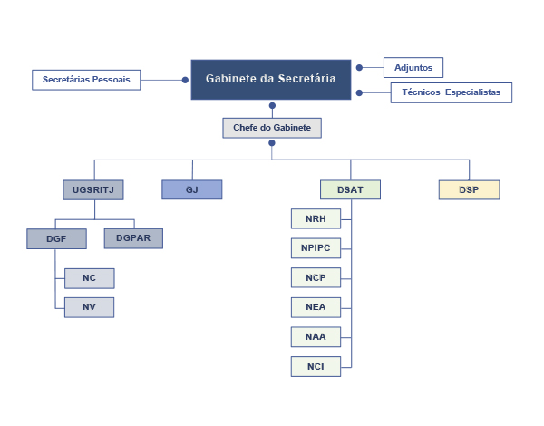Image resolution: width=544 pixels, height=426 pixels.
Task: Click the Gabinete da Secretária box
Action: click(x=270, y=79)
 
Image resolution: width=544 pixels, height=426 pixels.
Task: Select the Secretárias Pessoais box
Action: click(x=87, y=80)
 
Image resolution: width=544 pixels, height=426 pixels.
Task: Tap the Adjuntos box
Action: click(x=413, y=67)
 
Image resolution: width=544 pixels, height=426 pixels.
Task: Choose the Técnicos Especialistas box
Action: click(x=452, y=92)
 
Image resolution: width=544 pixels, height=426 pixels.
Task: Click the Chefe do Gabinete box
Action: click(x=272, y=128)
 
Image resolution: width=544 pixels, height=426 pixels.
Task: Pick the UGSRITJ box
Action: click(x=93, y=189)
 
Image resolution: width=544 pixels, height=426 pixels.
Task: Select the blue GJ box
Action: click(x=191, y=189)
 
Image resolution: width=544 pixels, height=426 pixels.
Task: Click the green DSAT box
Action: click(x=350, y=189)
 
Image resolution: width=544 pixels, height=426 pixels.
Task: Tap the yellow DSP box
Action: click(x=469, y=189)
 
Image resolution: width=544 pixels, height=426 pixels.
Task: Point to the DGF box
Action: click(x=56, y=239)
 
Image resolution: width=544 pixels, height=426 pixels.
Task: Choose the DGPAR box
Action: click(x=133, y=238)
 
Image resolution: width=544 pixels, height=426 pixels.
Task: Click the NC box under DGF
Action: click(x=89, y=278)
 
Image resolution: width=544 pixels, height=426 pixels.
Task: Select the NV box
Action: click(x=89, y=307)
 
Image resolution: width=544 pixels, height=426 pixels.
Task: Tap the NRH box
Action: click(x=316, y=218)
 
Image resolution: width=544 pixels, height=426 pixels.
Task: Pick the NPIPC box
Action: click(x=316, y=248)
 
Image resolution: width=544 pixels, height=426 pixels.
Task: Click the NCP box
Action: click(x=316, y=277)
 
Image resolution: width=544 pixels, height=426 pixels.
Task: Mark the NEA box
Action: click(x=316, y=307)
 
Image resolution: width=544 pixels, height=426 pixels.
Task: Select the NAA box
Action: click(x=316, y=336)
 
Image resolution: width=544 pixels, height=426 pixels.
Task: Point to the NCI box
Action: click(x=316, y=366)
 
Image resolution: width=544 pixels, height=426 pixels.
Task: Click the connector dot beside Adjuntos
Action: click(x=359, y=67)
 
